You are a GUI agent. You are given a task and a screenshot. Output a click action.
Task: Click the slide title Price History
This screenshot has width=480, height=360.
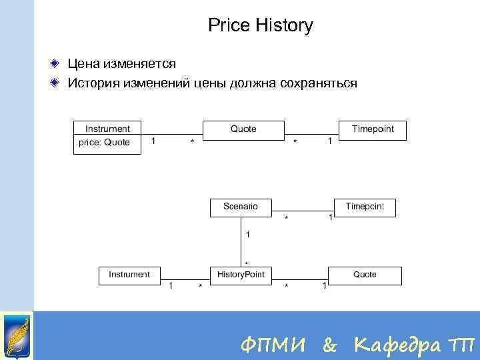click(x=260, y=26)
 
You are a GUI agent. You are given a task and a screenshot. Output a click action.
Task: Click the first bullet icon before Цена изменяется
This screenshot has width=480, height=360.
click(x=58, y=64)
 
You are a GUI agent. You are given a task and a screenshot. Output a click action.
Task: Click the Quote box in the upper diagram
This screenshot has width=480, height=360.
click(x=243, y=129)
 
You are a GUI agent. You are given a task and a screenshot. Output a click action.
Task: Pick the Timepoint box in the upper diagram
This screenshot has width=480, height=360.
click(x=373, y=129)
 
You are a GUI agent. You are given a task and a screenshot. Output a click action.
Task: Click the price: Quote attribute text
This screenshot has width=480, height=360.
click(x=105, y=143)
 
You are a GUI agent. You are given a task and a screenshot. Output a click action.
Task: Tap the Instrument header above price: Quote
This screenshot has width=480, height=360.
click(x=107, y=129)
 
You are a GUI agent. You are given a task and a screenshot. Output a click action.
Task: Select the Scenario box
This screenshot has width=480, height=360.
click(x=241, y=207)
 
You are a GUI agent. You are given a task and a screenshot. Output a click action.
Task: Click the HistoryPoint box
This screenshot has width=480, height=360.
click(x=241, y=275)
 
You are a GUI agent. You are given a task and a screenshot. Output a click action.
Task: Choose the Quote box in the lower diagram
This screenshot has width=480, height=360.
click(x=365, y=275)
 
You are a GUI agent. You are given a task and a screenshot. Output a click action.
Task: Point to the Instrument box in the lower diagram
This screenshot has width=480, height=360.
click(x=129, y=275)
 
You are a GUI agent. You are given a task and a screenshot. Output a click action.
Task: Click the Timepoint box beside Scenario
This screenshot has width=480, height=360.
click(x=365, y=207)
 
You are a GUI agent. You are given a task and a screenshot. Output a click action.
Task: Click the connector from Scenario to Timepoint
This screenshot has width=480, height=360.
click(x=303, y=207)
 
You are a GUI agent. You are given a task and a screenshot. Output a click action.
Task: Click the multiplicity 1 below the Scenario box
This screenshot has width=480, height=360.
click(x=248, y=235)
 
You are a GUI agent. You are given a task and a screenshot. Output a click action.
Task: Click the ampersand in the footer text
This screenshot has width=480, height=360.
click(x=329, y=345)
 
